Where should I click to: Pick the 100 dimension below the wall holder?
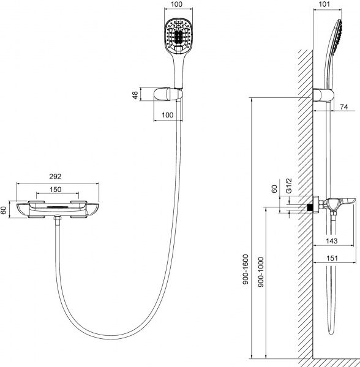coord(167,116)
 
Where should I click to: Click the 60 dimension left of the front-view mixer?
coord(5,210)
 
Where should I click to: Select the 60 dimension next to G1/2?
coord(275,189)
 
